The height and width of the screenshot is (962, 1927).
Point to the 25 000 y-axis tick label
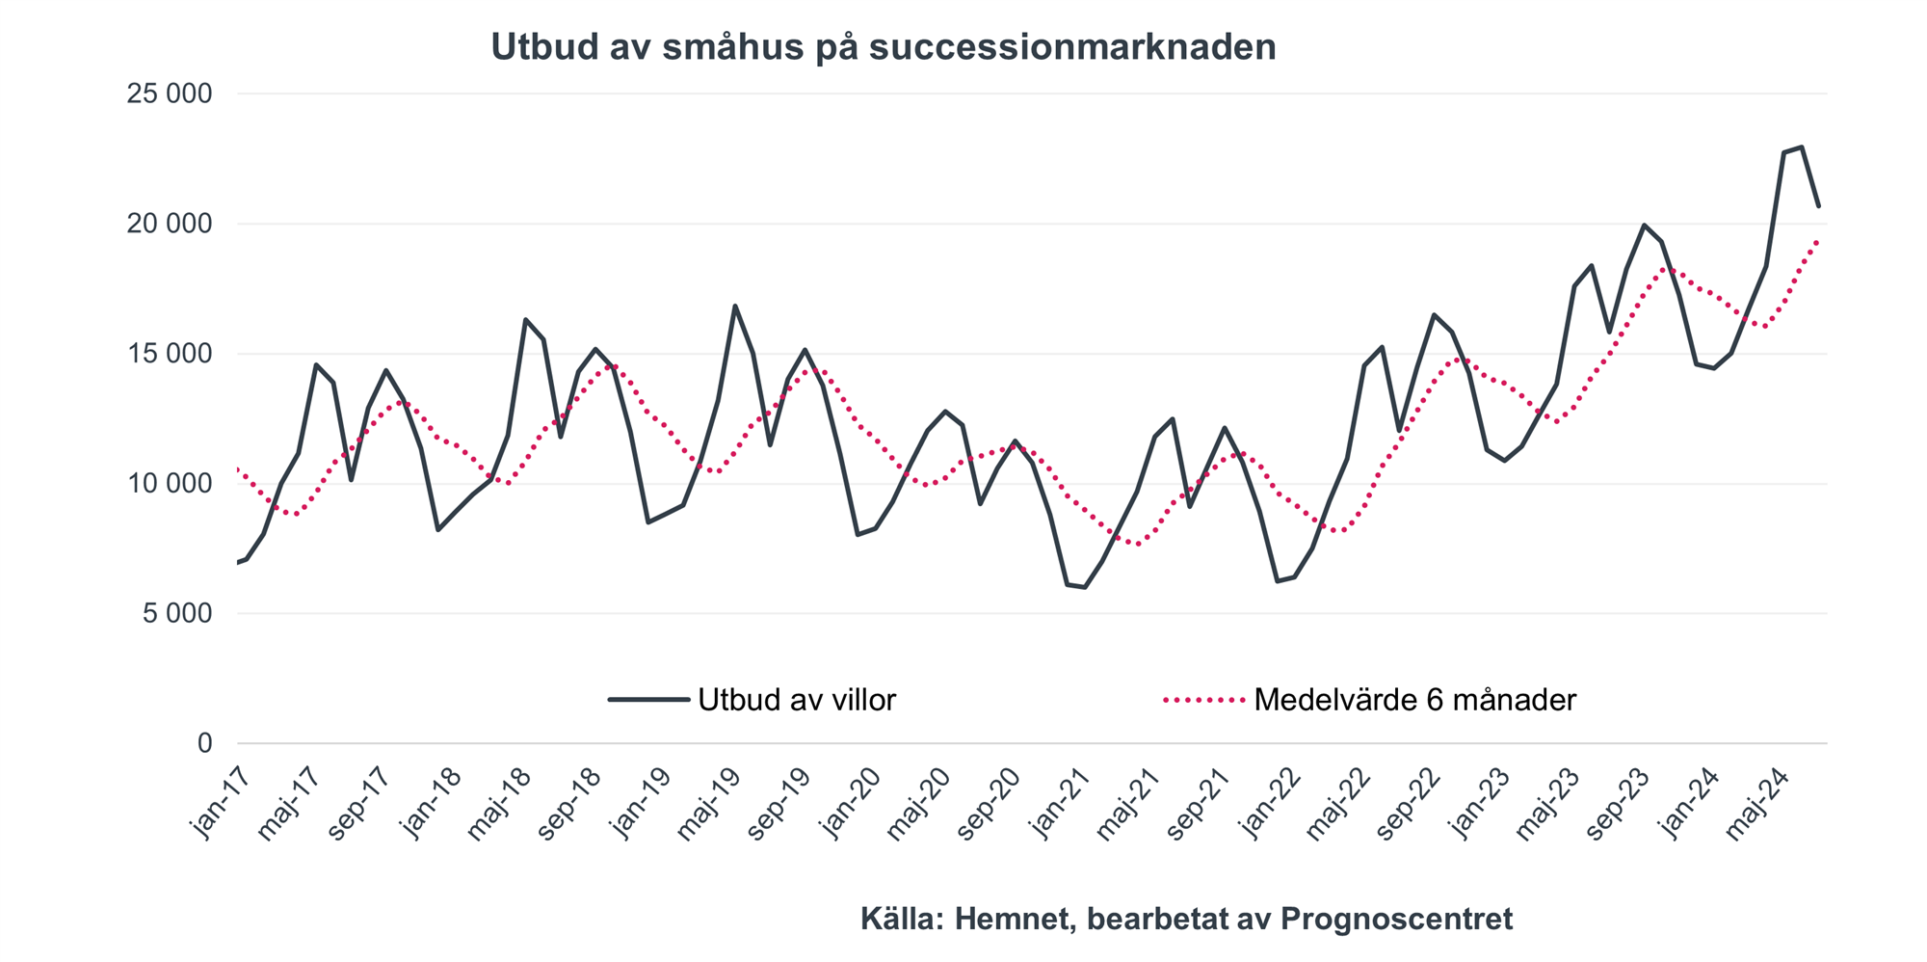170,94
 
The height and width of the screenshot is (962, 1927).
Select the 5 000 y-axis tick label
178,614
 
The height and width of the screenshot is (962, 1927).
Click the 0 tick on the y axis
204,743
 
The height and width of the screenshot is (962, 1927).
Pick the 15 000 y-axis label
170,354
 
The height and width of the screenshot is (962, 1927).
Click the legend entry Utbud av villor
797,700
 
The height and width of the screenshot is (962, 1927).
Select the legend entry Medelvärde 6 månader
1414,700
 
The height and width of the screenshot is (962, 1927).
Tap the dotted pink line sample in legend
1204,700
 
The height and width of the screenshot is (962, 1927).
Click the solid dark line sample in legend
648,700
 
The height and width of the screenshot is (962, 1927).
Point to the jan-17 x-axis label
221,803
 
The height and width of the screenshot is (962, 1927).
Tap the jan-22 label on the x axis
1272,803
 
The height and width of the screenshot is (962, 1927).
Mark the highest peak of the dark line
1801,147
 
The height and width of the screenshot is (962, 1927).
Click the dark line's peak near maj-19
735,307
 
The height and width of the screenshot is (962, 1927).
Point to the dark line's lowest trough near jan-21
1085,587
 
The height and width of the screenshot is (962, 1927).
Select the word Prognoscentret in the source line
1396,920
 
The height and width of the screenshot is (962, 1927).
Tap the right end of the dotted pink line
1817,239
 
